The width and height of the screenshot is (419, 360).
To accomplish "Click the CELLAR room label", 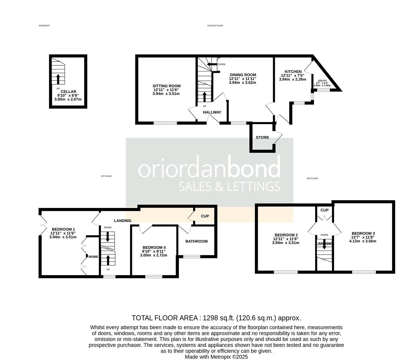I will tap(68, 92).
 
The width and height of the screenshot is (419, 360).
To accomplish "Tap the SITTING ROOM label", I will tap(167, 86).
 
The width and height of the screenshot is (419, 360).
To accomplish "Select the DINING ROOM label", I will tap(243, 75).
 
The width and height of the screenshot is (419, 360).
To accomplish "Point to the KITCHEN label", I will tap(293, 72).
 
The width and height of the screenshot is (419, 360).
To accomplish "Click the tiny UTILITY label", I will tap(322, 81).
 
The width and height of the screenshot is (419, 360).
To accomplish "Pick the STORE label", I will tap(262, 137).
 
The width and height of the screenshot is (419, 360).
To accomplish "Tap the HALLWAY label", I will tap(212, 112).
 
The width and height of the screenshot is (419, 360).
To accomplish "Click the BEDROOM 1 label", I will tap(63, 229).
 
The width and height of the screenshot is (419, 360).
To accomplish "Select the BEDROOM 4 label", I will tap(154, 247).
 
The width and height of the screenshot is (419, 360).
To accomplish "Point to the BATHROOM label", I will tap(197, 241).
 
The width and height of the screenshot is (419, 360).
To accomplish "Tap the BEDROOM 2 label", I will tap(285, 235).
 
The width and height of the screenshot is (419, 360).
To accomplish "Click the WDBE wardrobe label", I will tap(93, 257).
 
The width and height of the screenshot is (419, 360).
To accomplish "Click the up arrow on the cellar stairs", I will tap(58, 79).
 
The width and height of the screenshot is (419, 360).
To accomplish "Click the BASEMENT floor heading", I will tap(44, 26).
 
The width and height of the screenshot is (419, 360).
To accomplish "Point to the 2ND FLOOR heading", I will tap(312, 178).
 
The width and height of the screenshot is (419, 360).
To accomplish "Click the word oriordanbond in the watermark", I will tap(209, 169).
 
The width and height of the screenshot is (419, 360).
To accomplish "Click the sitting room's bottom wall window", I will tap(165, 123).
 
